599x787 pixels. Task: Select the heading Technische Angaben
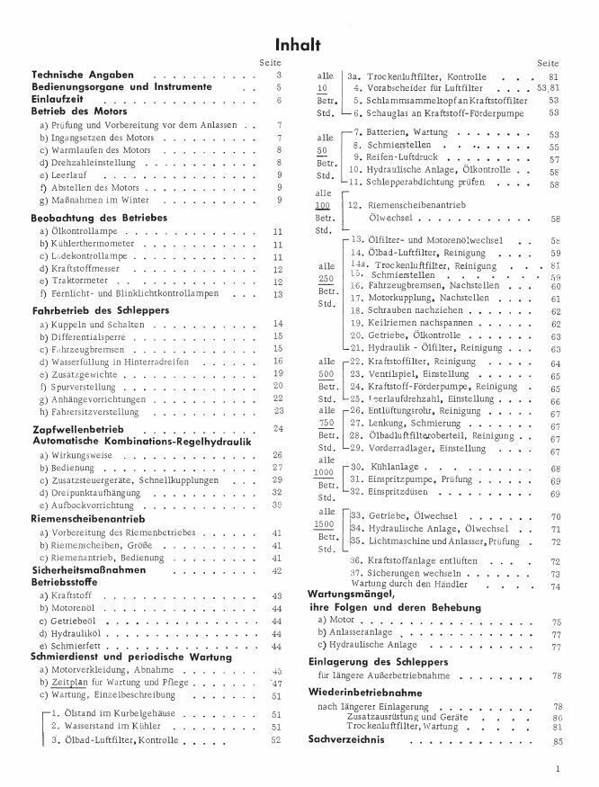(x=83, y=75)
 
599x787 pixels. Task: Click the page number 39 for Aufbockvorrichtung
(x=278, y=506)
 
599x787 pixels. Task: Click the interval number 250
(x=326, y=280)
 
